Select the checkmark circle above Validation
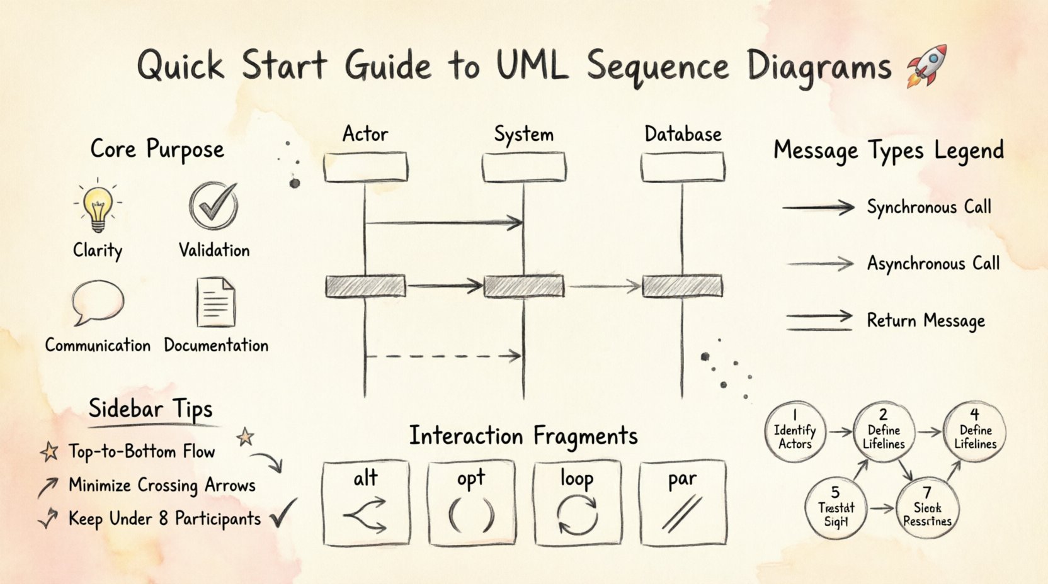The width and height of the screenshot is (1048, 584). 214,206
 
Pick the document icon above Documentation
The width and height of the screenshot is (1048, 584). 215,303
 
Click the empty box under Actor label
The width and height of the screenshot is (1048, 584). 365,167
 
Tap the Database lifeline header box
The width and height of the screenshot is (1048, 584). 683,167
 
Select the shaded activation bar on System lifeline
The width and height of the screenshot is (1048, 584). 523,286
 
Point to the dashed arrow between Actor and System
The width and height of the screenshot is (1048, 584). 443,356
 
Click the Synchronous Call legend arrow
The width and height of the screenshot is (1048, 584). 818,207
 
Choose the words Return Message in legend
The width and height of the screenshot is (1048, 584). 925,321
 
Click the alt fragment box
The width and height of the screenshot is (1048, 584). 365,503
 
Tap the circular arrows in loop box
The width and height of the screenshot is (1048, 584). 577,515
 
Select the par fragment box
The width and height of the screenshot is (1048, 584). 683,503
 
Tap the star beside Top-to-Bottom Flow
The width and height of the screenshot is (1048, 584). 49,451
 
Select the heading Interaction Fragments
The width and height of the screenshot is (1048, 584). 523,436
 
